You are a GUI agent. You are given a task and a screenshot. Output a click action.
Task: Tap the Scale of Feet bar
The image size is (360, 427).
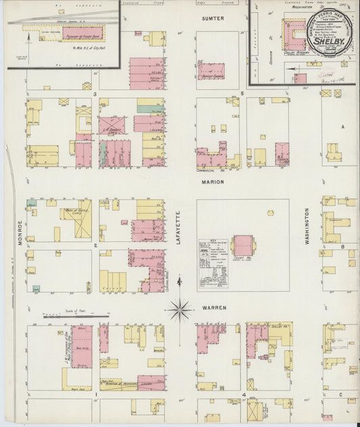[x=74, y=315]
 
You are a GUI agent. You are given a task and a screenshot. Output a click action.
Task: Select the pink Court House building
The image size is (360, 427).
[x=243, y=245]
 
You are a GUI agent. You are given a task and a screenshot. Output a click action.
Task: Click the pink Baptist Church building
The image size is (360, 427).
[x=211, y=72]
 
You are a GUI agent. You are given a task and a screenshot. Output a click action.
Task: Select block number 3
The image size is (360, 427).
[x=96, y=93]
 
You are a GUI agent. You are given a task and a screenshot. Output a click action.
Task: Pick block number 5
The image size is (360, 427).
[x=242, y=93]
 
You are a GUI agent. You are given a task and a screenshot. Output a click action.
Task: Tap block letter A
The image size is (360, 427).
[x=342, y=127]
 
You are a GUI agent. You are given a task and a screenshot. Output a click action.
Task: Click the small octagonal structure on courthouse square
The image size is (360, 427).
[x=270, y=212]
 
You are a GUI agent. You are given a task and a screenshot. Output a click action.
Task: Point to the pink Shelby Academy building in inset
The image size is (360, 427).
[x=294, y=31]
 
